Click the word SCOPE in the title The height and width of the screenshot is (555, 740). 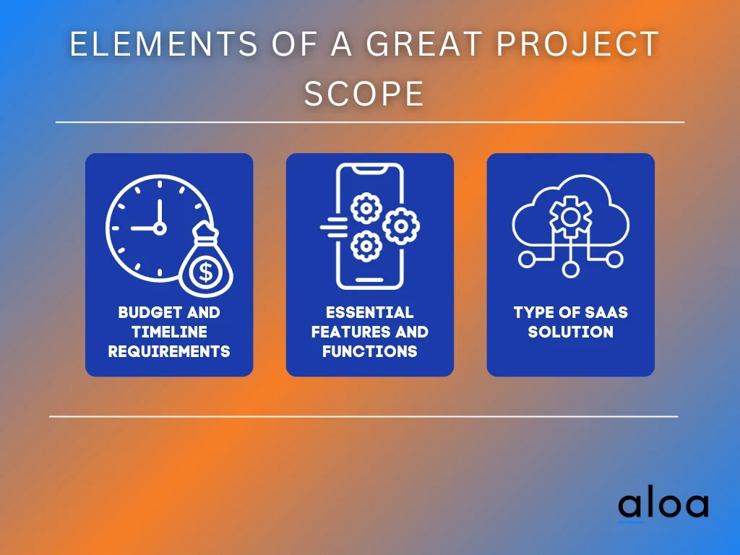(364, 93)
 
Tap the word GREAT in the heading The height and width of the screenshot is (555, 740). (424, 44)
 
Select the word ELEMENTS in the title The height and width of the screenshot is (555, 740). (164, 44)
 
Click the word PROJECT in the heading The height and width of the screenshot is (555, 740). (577, 44)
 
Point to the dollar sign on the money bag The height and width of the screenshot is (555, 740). (206, 272)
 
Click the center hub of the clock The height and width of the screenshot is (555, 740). (160, 228)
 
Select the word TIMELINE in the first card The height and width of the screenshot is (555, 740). (169, 332)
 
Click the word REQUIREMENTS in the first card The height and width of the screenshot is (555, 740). (169, 352)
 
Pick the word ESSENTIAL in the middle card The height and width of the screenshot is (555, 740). (369, 312)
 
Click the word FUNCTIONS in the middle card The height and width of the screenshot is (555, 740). (369, 352)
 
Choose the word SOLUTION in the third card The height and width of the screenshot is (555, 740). (571, 332)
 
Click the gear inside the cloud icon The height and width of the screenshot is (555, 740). (571, 217)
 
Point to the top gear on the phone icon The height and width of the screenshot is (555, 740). (366, 208)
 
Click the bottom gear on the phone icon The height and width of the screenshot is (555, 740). (366, 246)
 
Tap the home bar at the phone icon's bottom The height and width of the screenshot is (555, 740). (369, 280)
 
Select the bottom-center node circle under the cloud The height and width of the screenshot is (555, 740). (571, 270)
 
